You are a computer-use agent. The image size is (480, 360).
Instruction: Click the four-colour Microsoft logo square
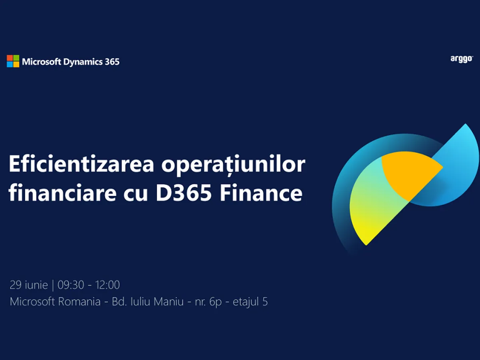(x=13, y=61)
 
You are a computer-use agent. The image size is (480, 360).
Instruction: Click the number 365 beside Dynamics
(x=112, y=62)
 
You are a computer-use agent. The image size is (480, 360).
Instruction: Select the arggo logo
(x=462, y=60)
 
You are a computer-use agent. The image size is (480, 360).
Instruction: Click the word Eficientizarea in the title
(x=81, y=164)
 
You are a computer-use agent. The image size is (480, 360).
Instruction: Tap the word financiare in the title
(x=62, y=192)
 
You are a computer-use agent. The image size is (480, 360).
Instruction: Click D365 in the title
(x=184, y=193)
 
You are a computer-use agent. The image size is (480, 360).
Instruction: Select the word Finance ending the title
(x=261, y=193)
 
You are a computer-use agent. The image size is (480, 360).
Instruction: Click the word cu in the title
(x=136, y=194)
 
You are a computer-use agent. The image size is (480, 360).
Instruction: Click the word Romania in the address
(x=79, y=302)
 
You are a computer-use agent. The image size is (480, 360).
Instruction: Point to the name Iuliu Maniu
(x=157, y=302)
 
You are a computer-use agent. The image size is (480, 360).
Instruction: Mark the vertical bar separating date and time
(x=53, y=285)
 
